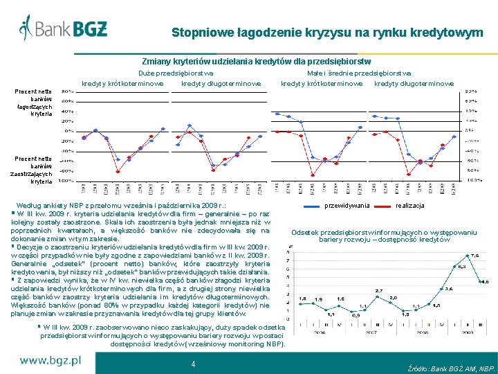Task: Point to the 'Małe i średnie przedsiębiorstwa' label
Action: [x=358, y=73]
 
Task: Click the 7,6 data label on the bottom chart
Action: [x=475, y=256]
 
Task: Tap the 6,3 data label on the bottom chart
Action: [x=461, y=266]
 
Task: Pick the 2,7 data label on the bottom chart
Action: [x=379, y=291]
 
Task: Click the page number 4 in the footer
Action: [x=193, y=364]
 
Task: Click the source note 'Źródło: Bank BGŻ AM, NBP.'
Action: [x=452, y=368]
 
